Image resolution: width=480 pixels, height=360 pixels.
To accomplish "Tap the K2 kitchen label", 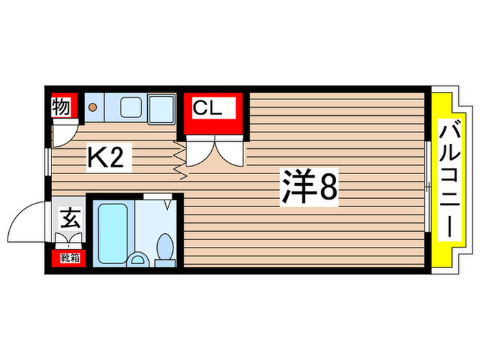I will pyautogui.click(x=104, y=159).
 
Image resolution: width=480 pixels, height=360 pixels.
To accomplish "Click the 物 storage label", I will pyautogui.click(x=60, y=107).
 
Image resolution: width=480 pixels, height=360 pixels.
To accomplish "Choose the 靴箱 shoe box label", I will pyautogui.click(x=68, y=259).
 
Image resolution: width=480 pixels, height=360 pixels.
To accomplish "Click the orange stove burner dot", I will pyautogui.click(x=92, y=107).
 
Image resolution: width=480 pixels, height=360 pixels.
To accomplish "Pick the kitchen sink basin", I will pyautogui.click(x=131, y=108).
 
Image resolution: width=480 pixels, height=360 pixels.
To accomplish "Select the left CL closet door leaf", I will pyautogui.click(x=199, y=152).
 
